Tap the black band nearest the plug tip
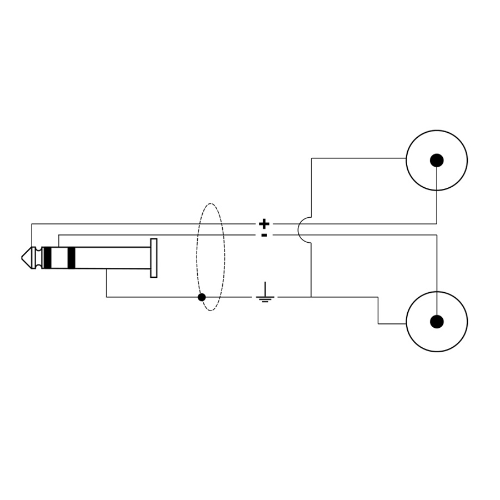point(47,258)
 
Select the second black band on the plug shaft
point(71,258)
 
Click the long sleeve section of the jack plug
point(111,258)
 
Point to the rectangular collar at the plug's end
point(154,258)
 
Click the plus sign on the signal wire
point(264,224)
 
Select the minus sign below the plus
point(264,235)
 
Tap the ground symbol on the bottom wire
point(266,294)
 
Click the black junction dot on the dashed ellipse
point(202,297)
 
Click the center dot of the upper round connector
point(437,161)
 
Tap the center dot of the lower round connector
point(437,322)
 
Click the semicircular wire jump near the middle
point(300,229)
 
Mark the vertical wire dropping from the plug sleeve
point(107,283)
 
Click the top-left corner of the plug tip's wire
point(32,224)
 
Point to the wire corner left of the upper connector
point(312,158)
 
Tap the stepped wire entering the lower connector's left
point(378,311)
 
